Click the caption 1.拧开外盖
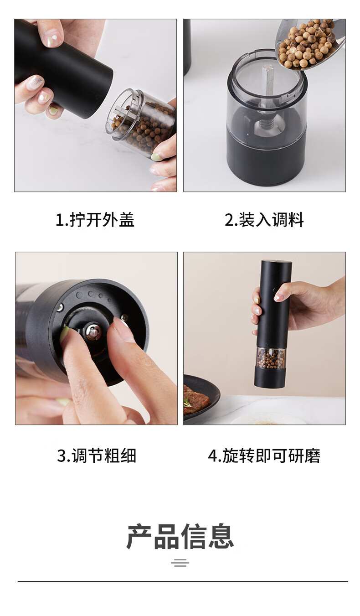pyautogui.click(x=95, y=220)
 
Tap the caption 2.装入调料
pyautogui.click(x=264, y=220)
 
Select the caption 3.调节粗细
pyautogui.click(x=97, y=456)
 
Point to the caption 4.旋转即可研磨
pyautogui.click(x=264, y=456)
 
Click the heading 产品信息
pyautogui.click(x=180, y=537)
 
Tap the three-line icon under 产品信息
pyautogui.click(x=180, y=563)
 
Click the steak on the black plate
pyautogui.click(x=195, y=399)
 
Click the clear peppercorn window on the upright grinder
pyautogui.click(x=271, y=358)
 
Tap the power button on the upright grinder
pyautogui.click(x=275, y=290)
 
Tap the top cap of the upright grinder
pyautogui.click(x=276, y=262)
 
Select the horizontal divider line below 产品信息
pyautogui.click(x=183, y=581)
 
